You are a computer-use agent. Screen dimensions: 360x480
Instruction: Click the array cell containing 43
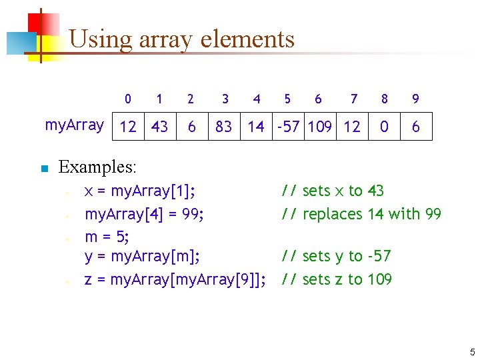[159, 126]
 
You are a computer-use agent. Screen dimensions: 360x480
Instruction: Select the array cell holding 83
[224, 126]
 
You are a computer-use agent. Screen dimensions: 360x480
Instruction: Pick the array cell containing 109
[320, 126]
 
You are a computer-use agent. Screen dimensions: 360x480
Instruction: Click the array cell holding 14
[256, 126]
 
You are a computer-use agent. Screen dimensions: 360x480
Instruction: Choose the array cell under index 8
[384, 126]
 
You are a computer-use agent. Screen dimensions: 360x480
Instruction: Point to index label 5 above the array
[287, 99]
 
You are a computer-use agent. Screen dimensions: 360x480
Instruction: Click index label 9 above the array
[415, 99]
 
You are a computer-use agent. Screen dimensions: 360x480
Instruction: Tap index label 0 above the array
[127, 99]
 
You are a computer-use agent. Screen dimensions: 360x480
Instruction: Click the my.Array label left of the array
[74, 125]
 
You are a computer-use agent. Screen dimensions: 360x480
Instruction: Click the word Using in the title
[101, 39]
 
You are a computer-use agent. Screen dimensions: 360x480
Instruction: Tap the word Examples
[97, 166]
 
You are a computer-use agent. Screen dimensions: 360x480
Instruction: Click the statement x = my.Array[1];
[140, 191]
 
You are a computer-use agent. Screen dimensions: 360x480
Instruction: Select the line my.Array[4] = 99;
[144, 214]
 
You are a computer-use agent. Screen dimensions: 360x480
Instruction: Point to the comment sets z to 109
[337, 279]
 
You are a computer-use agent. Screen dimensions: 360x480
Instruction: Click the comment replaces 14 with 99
[361, 214]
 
